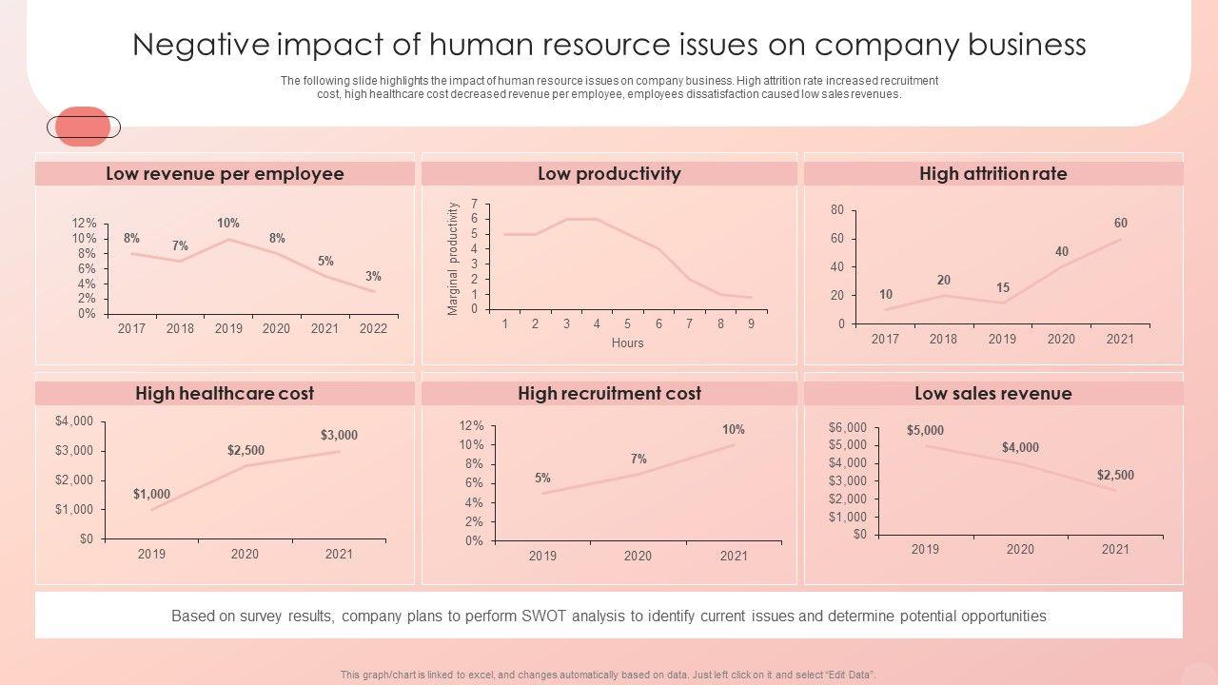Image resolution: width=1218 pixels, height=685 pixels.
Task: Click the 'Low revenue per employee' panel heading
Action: tap(225, 174)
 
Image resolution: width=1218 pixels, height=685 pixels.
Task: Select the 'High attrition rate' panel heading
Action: tap(992, 174)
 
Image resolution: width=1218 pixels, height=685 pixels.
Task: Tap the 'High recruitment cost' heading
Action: tap(609, 394)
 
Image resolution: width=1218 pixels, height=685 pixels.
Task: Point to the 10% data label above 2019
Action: tap(228, 224)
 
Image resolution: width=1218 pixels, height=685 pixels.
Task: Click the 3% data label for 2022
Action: tap(373, 277)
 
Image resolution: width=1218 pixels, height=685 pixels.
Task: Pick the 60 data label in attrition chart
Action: tap(1120, 224)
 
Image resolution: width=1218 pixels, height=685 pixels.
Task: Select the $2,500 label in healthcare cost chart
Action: tap(246, 450)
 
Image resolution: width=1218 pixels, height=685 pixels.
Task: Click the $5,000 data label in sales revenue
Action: tap(925, 431)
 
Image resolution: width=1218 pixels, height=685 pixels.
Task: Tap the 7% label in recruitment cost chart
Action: tap(638, 460)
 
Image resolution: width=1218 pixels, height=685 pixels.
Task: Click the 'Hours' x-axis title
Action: tap(627, 343)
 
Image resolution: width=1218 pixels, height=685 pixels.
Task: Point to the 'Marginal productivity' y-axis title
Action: tap(454, 259)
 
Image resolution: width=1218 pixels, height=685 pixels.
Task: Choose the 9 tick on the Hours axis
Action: tap(751, 324)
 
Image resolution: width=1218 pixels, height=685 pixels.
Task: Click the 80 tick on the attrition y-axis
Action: tap(837, 210)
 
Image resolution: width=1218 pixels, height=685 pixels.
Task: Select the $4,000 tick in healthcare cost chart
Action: tap(74, 421)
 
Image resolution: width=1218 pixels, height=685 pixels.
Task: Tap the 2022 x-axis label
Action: tap(373, 329)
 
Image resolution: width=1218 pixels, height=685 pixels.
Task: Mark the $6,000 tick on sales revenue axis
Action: tap(848, 428)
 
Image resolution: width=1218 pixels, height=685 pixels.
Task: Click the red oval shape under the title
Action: tap(84, 127)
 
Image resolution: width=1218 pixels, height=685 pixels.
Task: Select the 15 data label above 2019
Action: tap(1003, 288)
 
